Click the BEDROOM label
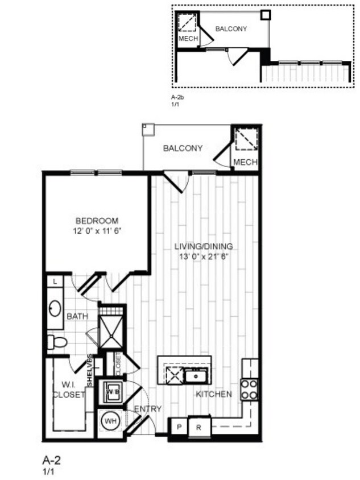[97, 221]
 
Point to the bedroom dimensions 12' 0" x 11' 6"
[97, 231]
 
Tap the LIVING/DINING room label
[204, 246]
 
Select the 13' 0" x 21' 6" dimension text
[204, 256]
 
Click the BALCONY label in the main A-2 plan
[183, 148]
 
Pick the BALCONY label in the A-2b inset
[231, 28]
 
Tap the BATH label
[77, 316]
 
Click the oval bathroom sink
[55, 309]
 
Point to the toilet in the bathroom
[57, 342]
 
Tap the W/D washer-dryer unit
[111, 392]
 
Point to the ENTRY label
[148, 408]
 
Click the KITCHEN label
[214, 394]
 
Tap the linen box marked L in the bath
[55, 282]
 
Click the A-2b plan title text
[178, 98]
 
